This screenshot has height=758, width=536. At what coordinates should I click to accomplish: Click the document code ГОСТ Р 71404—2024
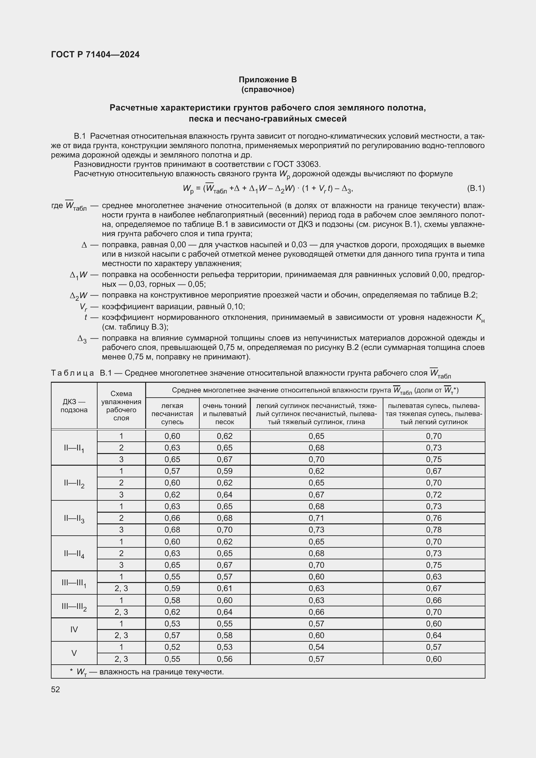click(x=95, y=54)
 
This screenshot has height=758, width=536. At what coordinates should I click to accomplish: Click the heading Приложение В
click(x=268, y=80)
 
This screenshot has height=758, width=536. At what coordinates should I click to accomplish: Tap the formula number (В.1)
click(x=476, y=189)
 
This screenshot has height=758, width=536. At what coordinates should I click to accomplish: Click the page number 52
click(x=55, y=689)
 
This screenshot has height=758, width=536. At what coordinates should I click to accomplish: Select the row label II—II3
click(x=74, y=518)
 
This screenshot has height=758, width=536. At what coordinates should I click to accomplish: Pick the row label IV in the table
click(x=74, y=630)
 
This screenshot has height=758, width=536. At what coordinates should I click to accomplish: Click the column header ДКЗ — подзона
click(x=74, y=406)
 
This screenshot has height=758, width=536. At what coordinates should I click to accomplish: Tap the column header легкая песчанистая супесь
click(x=172, y=414)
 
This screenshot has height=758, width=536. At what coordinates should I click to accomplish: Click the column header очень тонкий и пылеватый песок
click(x=225, y=414)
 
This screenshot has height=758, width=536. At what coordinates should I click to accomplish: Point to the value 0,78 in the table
click(x=433, y=530)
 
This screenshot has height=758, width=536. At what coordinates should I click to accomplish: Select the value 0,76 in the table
click(x=433, y=518)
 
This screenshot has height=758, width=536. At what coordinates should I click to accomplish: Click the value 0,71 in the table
click(x=316, y=518)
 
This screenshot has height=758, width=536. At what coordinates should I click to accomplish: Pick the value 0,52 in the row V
click(x=172, y=647)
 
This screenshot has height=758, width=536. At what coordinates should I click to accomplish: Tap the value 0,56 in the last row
click(x=225, y=659)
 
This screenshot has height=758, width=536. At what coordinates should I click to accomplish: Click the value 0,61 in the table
click(x=225, y=588)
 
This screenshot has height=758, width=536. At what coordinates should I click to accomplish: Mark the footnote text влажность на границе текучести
click(x=161, y=672)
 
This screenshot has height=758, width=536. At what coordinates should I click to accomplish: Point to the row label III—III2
click(x=74, y=606)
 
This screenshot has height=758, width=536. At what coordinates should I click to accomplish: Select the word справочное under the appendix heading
click(x=268, y=89)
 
